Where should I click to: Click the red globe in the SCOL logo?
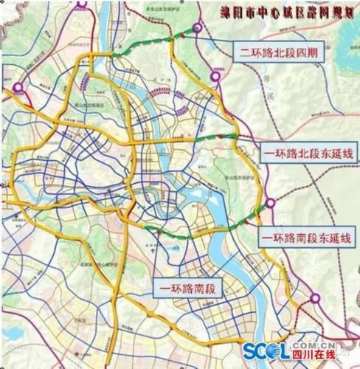pos(281,351)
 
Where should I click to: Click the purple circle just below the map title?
pos(198,29)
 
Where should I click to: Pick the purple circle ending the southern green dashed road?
pos(271,201)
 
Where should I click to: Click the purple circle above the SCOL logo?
pos(316,299)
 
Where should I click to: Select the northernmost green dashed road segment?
pos(148,46)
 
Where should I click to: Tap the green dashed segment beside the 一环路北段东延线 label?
pos(219,137)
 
